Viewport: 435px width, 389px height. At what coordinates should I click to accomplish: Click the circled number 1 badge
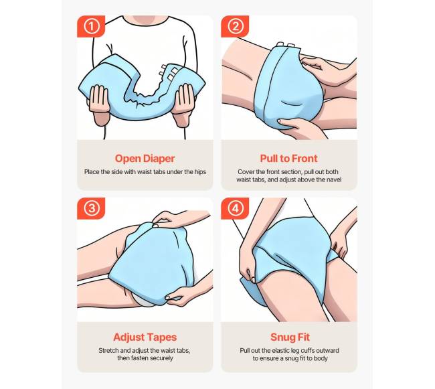(91, 26)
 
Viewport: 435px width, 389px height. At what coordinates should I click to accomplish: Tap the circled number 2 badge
(235, 26)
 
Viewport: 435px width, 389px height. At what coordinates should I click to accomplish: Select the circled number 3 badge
(91, 208)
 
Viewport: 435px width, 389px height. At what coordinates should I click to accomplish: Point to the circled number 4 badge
(235, 208)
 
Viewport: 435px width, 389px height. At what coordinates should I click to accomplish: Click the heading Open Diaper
(145, 159)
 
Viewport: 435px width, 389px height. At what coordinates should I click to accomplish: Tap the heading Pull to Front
(289, 159)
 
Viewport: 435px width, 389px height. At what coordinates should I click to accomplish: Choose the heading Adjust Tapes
(145, 337)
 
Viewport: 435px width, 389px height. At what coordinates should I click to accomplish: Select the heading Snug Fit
(290, 337)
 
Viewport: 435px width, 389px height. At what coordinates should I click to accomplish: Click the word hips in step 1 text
(201, 172)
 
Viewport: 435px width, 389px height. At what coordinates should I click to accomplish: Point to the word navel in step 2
(334, 180)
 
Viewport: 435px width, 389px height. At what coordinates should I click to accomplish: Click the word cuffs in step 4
(307, 350)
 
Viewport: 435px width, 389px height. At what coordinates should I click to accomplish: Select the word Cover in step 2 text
(245, 172)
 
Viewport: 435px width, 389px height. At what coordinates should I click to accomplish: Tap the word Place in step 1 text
(91, 172)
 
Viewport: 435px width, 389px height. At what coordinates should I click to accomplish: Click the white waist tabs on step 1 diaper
(168, 72)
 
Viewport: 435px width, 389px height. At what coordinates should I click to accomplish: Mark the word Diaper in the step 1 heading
(159, 159)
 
